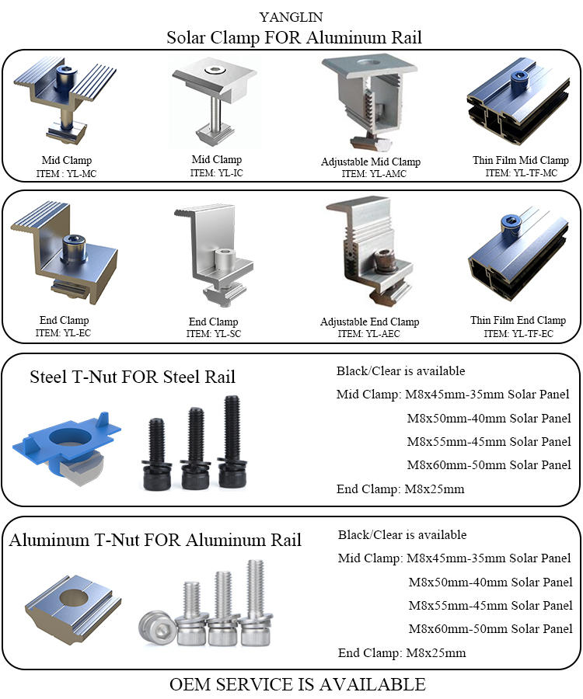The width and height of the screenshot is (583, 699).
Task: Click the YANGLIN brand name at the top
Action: [291, 16]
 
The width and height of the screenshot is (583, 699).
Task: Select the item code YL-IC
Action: [216, 172]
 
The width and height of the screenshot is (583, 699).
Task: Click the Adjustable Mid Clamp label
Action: [371, 162]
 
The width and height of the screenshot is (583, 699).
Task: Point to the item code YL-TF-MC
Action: [521, 173]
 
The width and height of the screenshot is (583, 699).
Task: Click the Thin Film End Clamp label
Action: [518, 320]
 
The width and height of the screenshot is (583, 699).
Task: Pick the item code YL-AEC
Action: [369, 334]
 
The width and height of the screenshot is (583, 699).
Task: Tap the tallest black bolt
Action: [231, 439]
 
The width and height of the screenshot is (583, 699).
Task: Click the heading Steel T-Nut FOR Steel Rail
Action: [132, 377]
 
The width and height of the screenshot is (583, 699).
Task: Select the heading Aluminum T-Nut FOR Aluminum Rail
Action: [155, 540]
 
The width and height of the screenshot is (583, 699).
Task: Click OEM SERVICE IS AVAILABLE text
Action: [297, 683]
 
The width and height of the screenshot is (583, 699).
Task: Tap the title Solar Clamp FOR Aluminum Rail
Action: [294, 37]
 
